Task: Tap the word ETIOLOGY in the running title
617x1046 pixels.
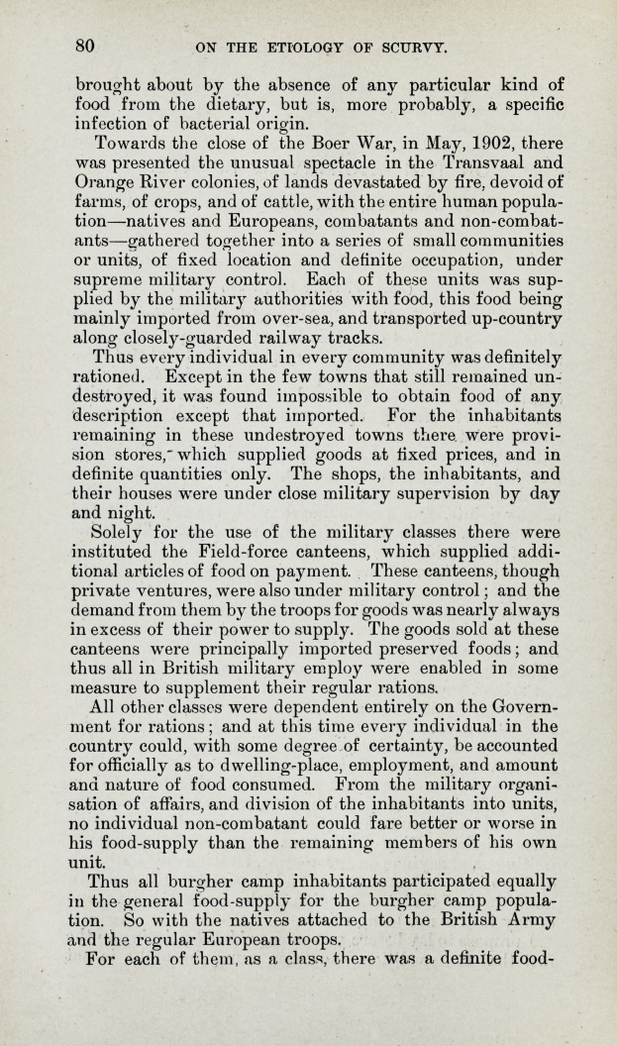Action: click(301, 46)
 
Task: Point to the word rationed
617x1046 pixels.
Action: click(116, 377)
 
